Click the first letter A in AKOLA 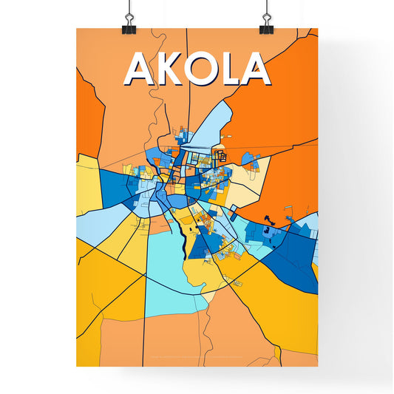(140, 69)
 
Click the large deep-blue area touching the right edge (296, 251)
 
